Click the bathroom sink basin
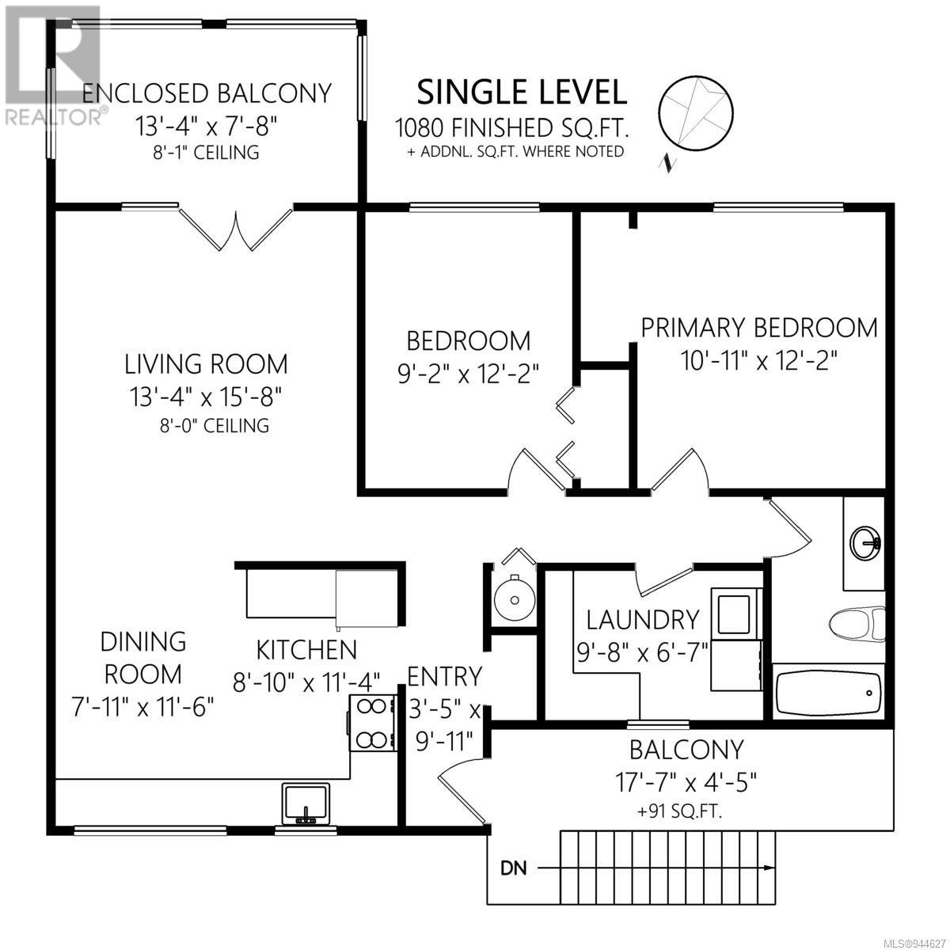(866, 543)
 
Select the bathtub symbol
(828, 692)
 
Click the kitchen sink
(306, 804)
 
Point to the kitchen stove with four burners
(373, 723)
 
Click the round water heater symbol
(515, 600)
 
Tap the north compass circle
(696, 112)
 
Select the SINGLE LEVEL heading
(522, 93)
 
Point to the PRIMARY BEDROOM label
(759, 328)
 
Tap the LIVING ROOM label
(206, 364)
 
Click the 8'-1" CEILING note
(206, 152)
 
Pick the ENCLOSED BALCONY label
(207, 93)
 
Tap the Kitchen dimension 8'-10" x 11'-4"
(306, 683)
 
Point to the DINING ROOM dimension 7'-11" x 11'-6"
(143, 708)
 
